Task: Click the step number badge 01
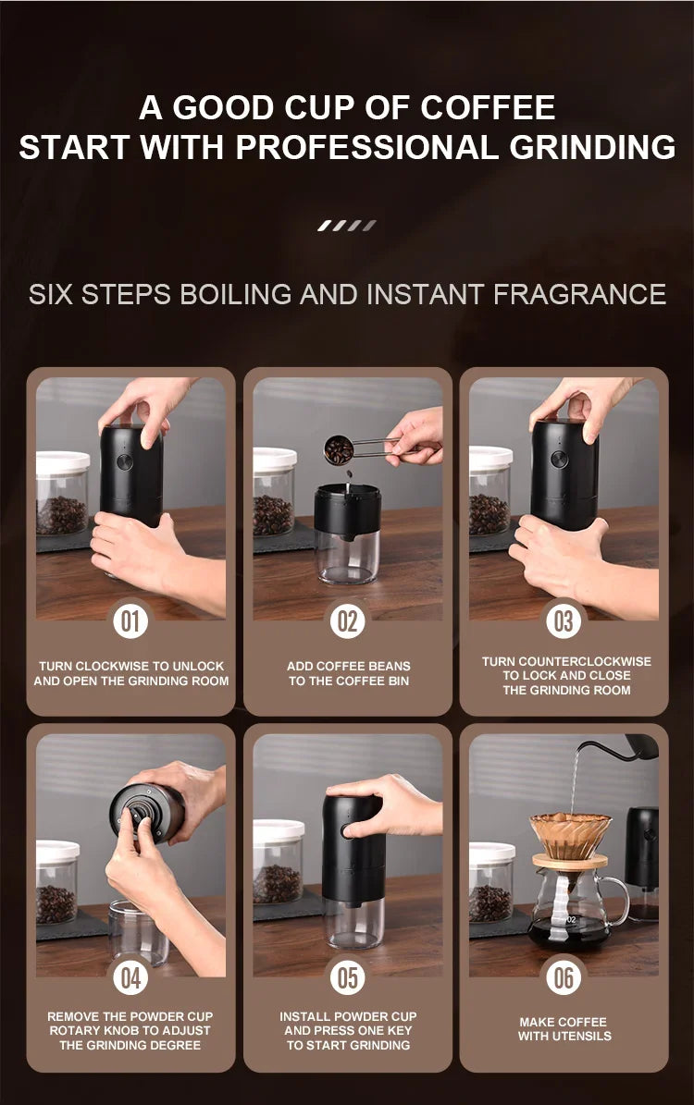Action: pyautogui.click(x=130, y=621)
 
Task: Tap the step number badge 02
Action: pyautogui.click(x=347, y=621)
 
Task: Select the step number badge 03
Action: pyautogui.click(x=564, y=621)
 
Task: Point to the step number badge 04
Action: pyautogui.click(x=130, y=978)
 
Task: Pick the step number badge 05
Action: pyautogui.click(x=347, y=978)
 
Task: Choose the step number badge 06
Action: pyautogui.click(x=564, y=978)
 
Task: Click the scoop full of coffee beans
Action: pyautogui.click(x=340, y=450)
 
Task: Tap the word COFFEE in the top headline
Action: pyautogui.click(x=488, y=107)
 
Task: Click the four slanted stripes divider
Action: pyautogui.click(x=347, y=225)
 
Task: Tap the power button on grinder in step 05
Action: pyautogui.click(x=347, y=831)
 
